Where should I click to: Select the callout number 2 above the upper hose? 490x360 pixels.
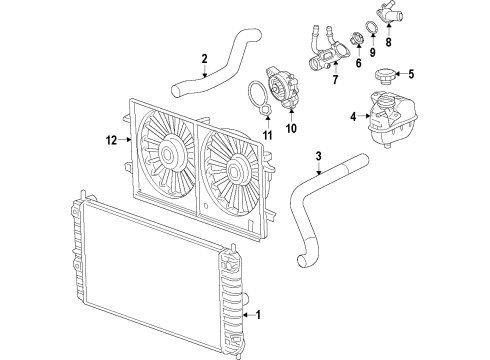click(204, 58)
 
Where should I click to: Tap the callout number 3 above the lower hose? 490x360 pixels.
click(318, 155)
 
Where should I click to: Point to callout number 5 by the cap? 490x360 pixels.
click(410, 72)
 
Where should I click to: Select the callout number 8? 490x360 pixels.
click(389, 43)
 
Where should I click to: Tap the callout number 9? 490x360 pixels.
click(371, 53)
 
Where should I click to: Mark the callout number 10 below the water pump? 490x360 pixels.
click(293, 128)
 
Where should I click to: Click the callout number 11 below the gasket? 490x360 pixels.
click(266, 134)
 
